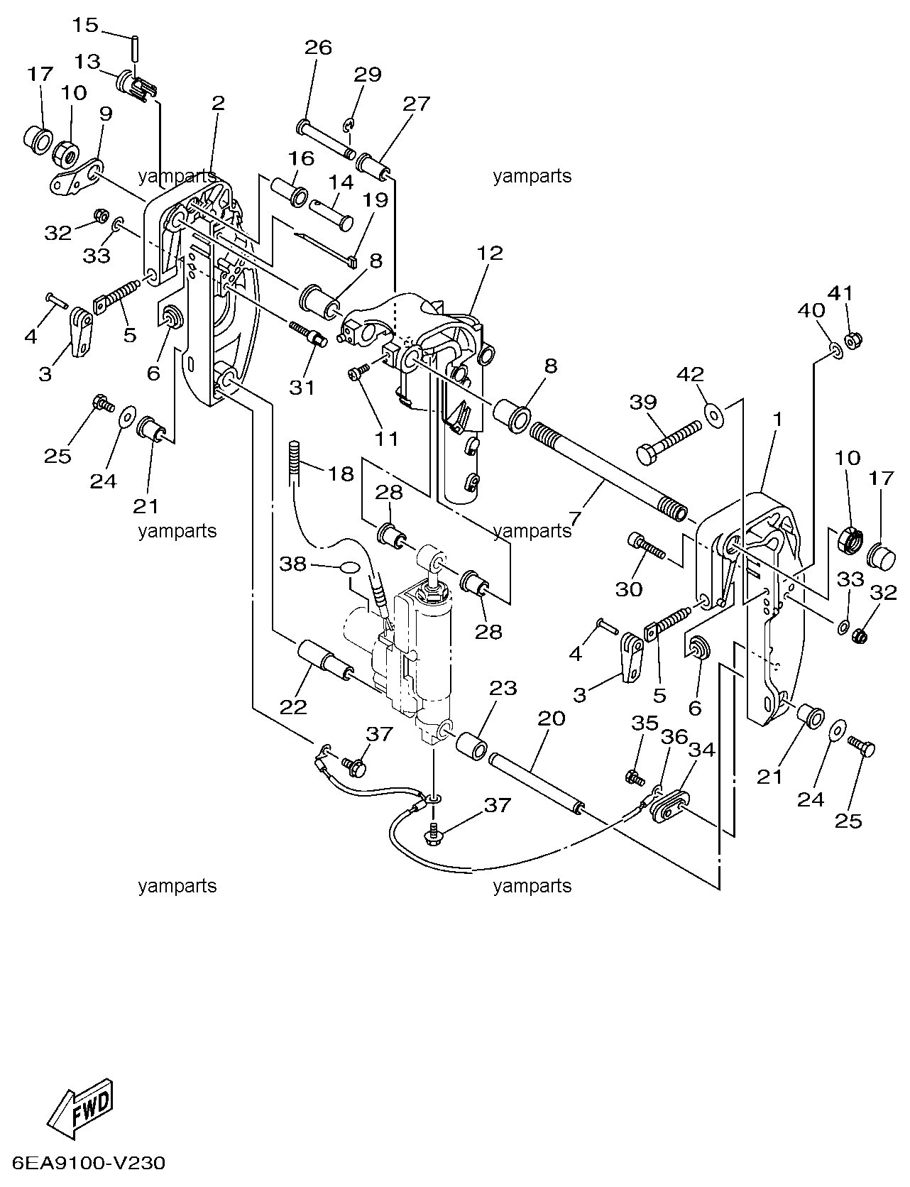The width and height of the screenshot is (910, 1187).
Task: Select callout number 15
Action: (85, 26)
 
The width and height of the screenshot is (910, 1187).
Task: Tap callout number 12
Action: (490, 253)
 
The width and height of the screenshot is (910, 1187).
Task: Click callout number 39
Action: (644, 403)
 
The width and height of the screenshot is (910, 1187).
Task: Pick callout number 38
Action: (292, 564)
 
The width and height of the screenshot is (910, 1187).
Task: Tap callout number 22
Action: (293, 707)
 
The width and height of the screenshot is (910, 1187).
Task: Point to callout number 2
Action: (218, 102)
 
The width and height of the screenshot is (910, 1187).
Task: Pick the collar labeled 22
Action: (324, 661)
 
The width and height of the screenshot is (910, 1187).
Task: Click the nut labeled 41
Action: (853, 339)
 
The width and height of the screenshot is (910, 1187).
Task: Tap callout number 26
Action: (318, 48)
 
